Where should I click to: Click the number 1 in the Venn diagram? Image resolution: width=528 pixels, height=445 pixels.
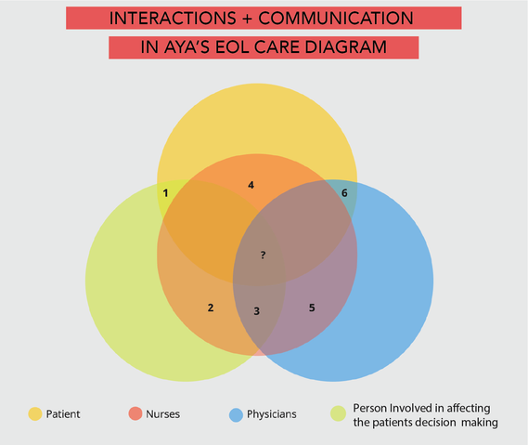coord(165,193)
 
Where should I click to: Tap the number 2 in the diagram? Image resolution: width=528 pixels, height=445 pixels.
coord(211,308)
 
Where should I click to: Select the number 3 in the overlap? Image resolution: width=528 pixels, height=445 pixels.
coord(257,311)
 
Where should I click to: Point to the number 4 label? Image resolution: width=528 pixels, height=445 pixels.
coord(251,185)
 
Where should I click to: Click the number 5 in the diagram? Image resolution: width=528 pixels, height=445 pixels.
coord(312,308)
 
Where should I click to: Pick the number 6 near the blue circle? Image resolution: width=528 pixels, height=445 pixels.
coord(344,193)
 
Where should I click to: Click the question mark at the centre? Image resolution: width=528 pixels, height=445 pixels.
coord(263,255)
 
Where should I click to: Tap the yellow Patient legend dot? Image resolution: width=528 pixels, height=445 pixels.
coord(35,414)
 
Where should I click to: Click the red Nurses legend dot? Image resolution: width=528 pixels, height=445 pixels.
coord(135,414)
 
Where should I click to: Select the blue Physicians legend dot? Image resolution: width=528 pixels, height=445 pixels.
coord(236,414)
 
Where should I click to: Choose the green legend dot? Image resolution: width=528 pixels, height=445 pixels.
coord(338,413)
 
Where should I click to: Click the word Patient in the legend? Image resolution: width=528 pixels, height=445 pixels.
coord(63,414)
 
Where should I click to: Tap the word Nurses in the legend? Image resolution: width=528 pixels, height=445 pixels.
coord(163,414)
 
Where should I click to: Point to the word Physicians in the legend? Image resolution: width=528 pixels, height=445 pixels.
coord(272,414)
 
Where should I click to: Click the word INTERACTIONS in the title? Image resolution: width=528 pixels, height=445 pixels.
coord(173,19)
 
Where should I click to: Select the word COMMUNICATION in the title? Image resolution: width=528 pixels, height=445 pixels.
coord(336,19)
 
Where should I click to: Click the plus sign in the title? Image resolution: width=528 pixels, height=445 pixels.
coord(247,19)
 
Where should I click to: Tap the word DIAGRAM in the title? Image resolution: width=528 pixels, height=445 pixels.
coord(345,47)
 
